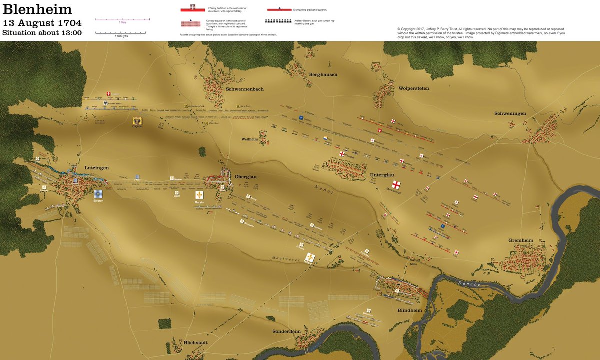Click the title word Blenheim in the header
[37, 9]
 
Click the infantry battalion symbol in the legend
[193, 9]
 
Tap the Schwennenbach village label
[244, 89]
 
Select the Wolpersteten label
[414, 88]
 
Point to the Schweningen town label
[510, 113]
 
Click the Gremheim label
[521, 240]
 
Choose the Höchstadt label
[188, 343]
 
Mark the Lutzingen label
[96, 168]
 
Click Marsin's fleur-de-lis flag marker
[200, 194]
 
